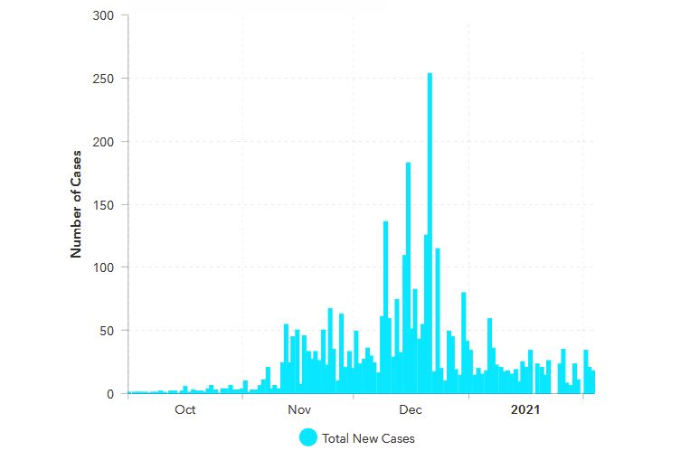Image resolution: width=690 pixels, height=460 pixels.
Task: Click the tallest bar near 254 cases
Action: point(430,235)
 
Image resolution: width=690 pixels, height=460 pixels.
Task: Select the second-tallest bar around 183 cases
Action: point(408,280)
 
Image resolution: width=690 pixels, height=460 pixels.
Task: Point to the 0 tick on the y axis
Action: point(111,394)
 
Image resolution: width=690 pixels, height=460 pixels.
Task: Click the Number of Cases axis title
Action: point(77,204)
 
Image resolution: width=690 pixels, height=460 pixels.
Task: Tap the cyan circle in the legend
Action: point(307,437)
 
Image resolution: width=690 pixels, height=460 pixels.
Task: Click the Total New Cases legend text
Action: point(368,438)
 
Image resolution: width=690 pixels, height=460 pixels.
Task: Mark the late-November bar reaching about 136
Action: point(385,307)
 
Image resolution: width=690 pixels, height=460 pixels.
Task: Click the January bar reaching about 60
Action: point(489,356)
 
